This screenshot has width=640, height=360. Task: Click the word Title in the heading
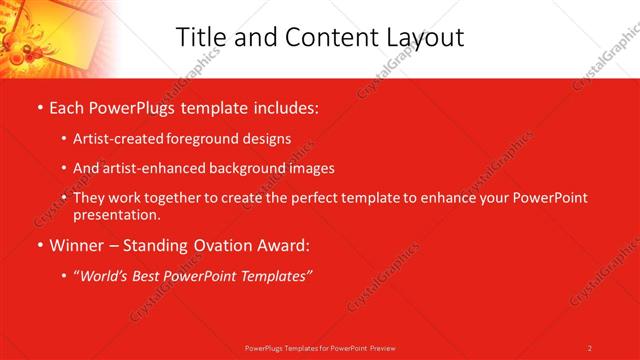pos(201,37)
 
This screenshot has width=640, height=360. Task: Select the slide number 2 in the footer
pos(590,348)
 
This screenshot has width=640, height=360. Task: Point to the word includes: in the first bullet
pos(283,105)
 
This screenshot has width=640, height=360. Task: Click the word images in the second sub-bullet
pos(310,169)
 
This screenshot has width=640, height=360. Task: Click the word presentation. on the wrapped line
pos(116,215)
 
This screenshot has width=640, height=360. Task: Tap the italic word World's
pos(104,275)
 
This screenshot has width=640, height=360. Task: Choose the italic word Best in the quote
pos(152,275)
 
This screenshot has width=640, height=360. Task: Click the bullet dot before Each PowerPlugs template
pos(39,106)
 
